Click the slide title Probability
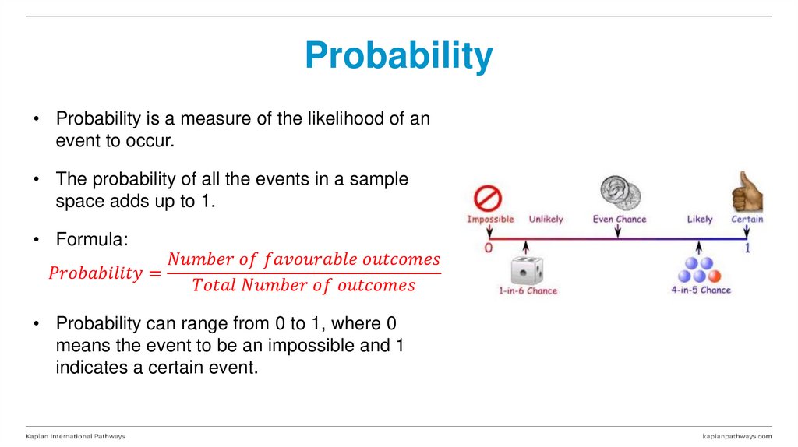398,56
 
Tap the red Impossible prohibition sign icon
489,198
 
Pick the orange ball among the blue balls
714,276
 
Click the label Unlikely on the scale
546,220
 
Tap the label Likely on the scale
699,220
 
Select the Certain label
747,220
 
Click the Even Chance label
620,220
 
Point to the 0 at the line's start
489,248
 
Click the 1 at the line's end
747,248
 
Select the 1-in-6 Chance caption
528,290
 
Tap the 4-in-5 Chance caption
701,290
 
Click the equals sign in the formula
154,273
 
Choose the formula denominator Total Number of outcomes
304,286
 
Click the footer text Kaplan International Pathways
76,436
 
